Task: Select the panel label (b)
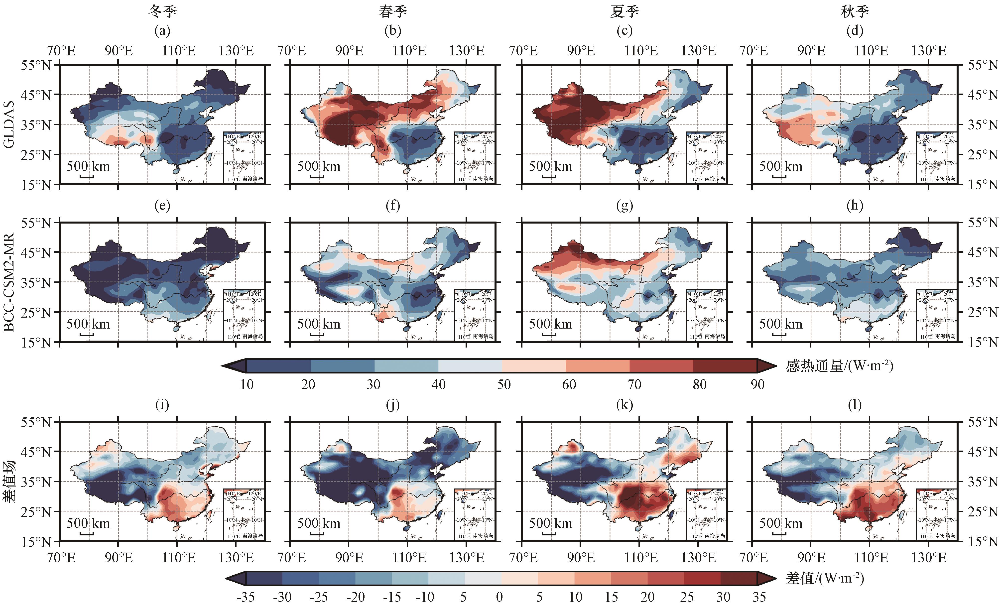click(392, 30)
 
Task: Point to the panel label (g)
click(624, 205)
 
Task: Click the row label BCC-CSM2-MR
click(9, 282)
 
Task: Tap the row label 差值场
click(9, 482)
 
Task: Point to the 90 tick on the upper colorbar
click(757, 384)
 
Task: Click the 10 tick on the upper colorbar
click(247, 384)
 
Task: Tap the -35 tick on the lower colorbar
click(246, 597)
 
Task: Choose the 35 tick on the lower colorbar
click(759, 597)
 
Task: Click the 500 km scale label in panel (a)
click(88, 166)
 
